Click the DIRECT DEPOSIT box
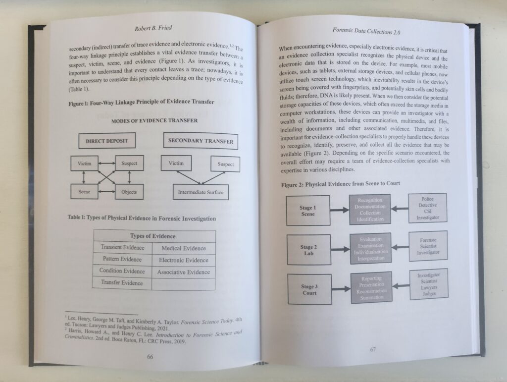[107, 141]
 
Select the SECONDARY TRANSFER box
[201, 141]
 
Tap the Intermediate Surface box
[201, 192]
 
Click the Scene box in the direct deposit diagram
[84, 191]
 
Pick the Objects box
[129, 192]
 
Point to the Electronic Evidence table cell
[184, 260]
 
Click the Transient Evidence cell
[123, 247]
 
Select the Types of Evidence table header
[153, 236]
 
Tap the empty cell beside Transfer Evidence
[183, 284]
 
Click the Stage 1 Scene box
[308, 211]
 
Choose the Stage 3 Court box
[310, 289]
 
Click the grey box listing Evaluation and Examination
[371, 249]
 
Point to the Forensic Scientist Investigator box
[428, 246]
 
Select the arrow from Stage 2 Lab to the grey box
[340, 249]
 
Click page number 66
[150, 357]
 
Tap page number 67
[373, 349]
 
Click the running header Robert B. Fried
[153, 28]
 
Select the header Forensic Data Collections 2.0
[366, 31]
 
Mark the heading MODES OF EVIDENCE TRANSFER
[154, 121]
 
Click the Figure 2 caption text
[341, 184]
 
